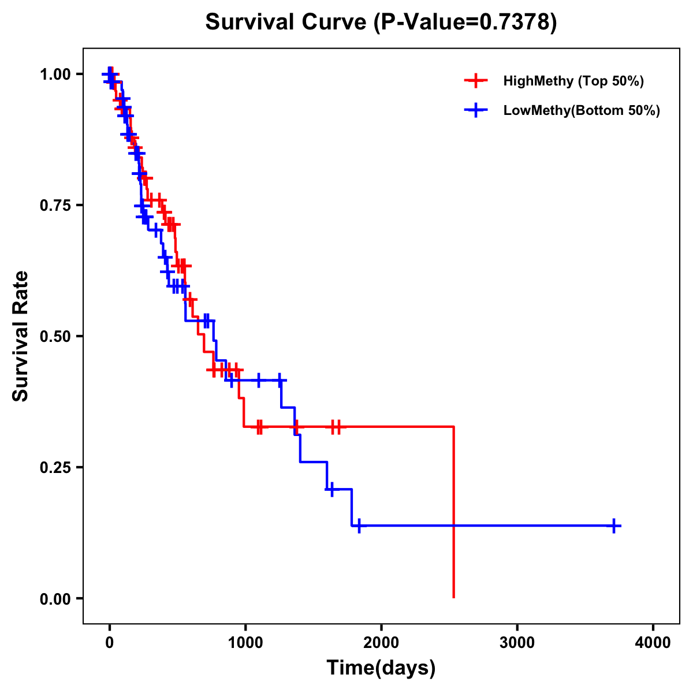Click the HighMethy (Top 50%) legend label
tap(573, 81)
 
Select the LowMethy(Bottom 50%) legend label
tap(581, 110)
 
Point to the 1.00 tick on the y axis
tap(55, 74)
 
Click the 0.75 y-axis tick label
tap(55, 206)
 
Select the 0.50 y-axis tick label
tap(55, 337)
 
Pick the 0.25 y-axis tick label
tap(55, 468)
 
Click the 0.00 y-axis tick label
tap(55, 599)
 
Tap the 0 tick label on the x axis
tap(109, 643)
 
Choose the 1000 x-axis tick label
tap(245, 643)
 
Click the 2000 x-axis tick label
tap(381, 643)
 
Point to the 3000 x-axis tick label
tap(517, 643)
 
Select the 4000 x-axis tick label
tap(653, 643)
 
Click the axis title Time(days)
tap(381, 668)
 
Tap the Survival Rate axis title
tap(21, 336)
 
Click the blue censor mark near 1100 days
tap(258, 380)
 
